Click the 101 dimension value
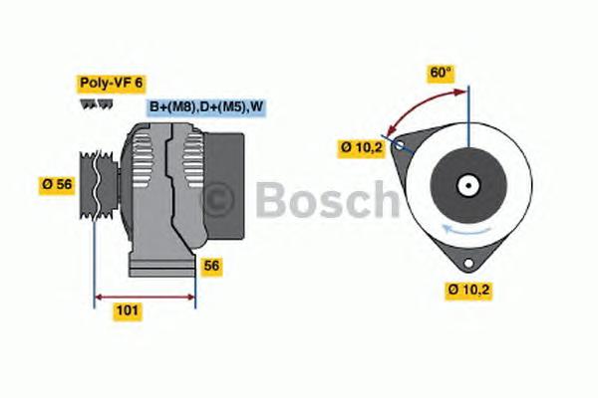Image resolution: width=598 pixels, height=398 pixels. [x=128, y=311]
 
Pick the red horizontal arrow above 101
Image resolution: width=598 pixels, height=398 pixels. [x=145, y=296]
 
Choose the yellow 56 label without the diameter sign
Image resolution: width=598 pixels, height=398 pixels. [x=211, y=266]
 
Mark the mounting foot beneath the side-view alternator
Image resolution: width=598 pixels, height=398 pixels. [x=159, y=267]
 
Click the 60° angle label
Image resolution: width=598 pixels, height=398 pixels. [x=441, y=72]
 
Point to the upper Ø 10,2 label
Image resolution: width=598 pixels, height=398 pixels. [x=362, y=147]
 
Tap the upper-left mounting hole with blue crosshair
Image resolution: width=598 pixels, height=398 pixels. [x=401, y=146]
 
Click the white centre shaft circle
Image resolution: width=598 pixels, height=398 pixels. [x=465, y=185]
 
